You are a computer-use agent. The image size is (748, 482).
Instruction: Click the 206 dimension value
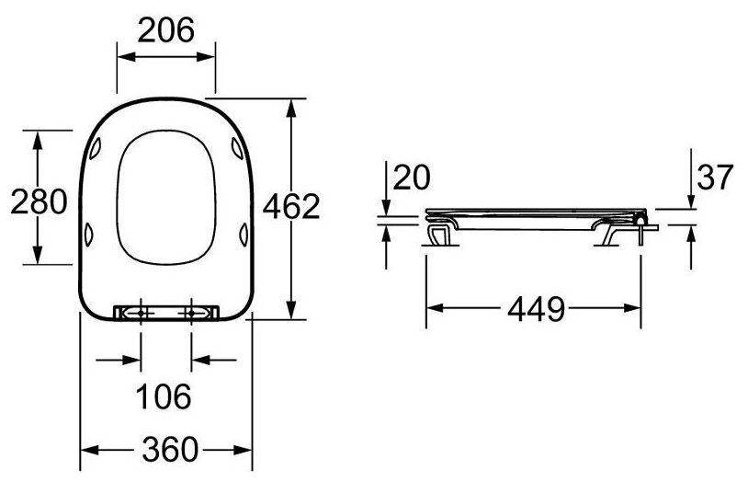coord(166,30)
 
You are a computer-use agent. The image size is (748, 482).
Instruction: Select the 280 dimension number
coord(39,201)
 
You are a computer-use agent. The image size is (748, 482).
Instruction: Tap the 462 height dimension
coord(291,207)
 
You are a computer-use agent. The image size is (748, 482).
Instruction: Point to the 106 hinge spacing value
coord(164,396)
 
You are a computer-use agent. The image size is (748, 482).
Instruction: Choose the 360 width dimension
coord(170,449)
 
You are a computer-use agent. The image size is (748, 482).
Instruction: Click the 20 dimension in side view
coord(411,177)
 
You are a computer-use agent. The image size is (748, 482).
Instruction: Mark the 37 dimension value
coord(715,177)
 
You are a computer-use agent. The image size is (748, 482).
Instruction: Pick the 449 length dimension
coord(537,310)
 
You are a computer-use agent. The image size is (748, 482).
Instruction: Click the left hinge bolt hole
coord(141,313)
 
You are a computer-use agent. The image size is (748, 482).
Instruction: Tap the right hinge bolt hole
coord(191,313)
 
